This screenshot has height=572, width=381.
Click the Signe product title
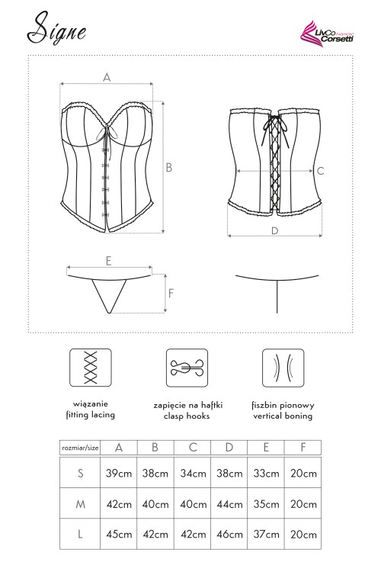pyautogui.click(x=57, y=28)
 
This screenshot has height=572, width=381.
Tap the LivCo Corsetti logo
pyautogui.click(x=327, y=33)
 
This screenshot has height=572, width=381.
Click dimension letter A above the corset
pyautogui.click(x=107, y=77)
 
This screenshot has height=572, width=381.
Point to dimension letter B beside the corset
pyautogui.click(x=169, y=168)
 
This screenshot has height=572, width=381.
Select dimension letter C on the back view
pyautogui.click(x=320, y=171)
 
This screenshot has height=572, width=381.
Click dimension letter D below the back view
pyautogui.click(x=275, y=230)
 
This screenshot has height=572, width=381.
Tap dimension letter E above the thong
pyautogui.click(x=108, y=261)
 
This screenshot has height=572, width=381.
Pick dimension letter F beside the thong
pyautogui.click(x=171, y=293)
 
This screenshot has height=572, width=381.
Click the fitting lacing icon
pyautogui.click(x=91, y=368)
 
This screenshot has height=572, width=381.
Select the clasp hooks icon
pyautogui.click(x=187, y=368)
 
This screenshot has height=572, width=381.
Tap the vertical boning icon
pyautogui.click(x=283, y=368)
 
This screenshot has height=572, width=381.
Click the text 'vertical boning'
pyautogui.click(x=283, y=416)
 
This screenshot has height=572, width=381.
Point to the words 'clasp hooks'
pyautogui.click(x=187, y=416)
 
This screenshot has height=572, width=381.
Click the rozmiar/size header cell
pyautogui.click(x=80, y=448)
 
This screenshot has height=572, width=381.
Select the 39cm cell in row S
pyautogui.click(x=119, y=474)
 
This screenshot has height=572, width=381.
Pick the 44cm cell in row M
pyautogui.click(x=229, y=504)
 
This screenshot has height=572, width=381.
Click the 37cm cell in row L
pyautogui.click(x=266, y=535)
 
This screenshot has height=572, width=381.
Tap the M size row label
pyautogui.click(x=80, y=504)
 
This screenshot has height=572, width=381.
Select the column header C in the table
pyautogui.click(x=193, y=447)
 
